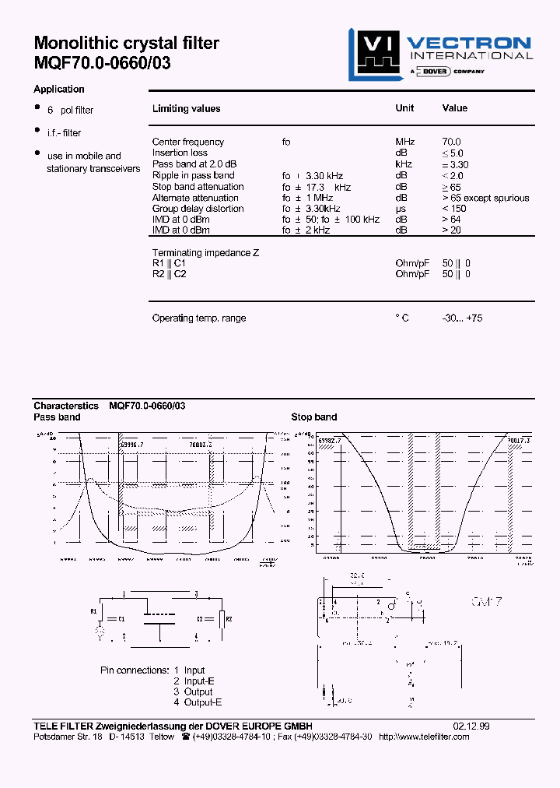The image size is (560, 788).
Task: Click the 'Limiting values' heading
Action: pyautogui.click(x=186, y=109)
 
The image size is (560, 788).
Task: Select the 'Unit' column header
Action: pyautogui.click(x=404, y=108)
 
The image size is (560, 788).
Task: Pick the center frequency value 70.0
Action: pyautogui.click(x=451, y=142)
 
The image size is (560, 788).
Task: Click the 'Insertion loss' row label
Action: pyautogui.click(x=180, y=153)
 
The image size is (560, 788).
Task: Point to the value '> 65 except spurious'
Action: pyautogui.click(x=485, y=198)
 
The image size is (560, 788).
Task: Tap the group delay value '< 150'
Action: pyautogui.click(x=455, y=209)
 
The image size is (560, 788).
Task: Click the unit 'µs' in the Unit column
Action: pyautogui.click(x=401, y=209)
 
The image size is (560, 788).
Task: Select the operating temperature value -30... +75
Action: pyautogui.click(x=462, y=318)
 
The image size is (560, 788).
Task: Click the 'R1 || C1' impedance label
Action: pyautogui.click(x=169, y=263)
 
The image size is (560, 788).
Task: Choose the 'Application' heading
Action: pyautogui.click(x=59, y=90)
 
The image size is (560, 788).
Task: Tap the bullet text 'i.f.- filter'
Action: pyautogui.click(x=64, y=133)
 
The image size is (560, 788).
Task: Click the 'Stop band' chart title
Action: pyautogui.click(x=313, y=417)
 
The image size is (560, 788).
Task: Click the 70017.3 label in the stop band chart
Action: pyautogui.click(x=519, y=440)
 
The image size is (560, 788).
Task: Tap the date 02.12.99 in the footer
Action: pyautogui.click(x=471, y=726)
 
